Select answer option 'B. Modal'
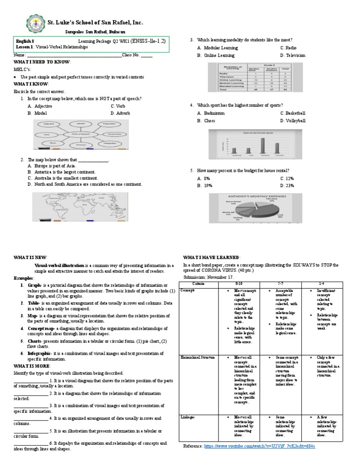click(x=37, y=113)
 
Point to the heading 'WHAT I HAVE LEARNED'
click(x=211, y=257)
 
